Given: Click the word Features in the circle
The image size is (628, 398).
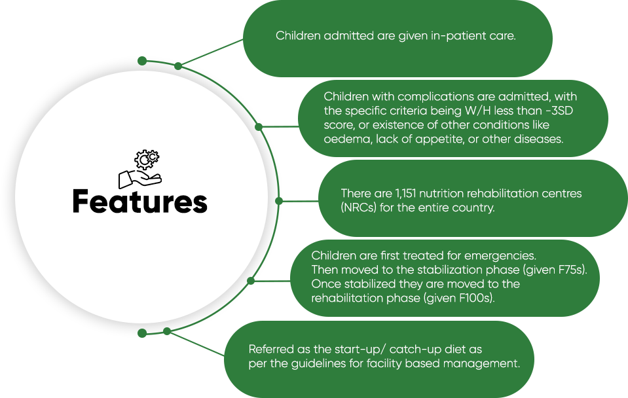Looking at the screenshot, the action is click(139, 201).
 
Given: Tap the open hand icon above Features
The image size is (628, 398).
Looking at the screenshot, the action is click(139, 179).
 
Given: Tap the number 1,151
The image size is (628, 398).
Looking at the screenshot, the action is click(406, 193).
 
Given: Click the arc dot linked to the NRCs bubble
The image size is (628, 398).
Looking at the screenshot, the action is click(279, 201).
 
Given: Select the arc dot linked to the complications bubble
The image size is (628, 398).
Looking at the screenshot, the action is click(259, 127).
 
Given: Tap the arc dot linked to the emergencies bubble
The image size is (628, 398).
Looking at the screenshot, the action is click(251, 281).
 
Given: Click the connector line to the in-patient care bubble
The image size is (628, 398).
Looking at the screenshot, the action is click(211, 53).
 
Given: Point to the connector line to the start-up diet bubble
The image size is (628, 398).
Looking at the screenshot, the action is click(195, 344).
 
